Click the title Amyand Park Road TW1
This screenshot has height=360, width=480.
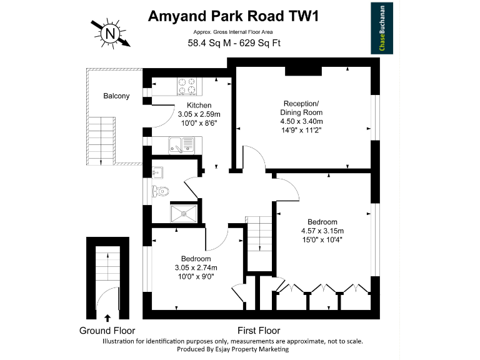coord(234,16)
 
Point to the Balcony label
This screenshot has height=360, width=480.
coord(116,96)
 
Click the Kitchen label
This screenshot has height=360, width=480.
coord(199,105)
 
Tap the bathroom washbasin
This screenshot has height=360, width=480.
coord(157,172)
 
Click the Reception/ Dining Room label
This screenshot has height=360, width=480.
coord(301,107)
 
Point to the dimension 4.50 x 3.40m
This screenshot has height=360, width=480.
coord(301,121)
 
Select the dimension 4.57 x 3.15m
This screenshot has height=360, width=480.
coord(322,231)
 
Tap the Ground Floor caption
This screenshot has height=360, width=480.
coord(107,331)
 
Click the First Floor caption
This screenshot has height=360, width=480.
coord(259,331)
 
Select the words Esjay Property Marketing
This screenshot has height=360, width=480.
coord(262,350)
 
